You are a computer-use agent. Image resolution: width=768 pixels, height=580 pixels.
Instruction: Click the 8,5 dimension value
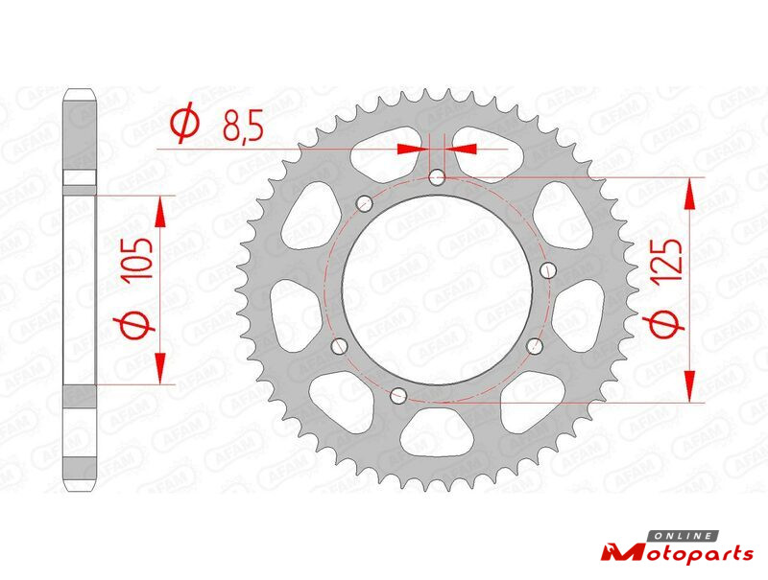[243, 125]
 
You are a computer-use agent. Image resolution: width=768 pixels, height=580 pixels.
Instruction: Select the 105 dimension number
[137, 259]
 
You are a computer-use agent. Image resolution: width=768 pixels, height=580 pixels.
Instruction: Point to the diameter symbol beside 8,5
[184, 125]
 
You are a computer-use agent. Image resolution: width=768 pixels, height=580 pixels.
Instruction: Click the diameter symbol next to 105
[134, 324]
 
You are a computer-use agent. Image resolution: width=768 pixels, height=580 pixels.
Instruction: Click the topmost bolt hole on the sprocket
[437, 177]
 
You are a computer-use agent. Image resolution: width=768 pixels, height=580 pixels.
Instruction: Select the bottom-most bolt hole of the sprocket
[398, 395]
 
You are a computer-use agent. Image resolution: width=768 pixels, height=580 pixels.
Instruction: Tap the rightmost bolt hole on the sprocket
[549, 269]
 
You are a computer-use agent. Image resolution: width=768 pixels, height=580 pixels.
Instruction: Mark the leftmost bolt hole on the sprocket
[340, 346]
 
